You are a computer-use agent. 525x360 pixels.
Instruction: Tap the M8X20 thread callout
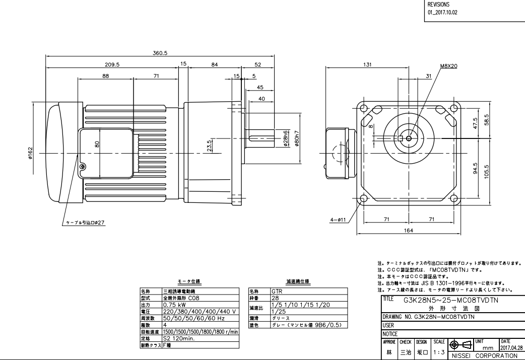pyautogui.click(x=449, y=66)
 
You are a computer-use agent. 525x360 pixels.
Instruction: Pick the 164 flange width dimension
pyautogui.click(x=408, y=230)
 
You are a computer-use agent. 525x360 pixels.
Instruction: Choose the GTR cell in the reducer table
pyautogui.click(x=277, y=292)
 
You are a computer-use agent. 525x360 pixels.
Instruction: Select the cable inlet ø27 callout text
pyautogui.click(x=83, y=222)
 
